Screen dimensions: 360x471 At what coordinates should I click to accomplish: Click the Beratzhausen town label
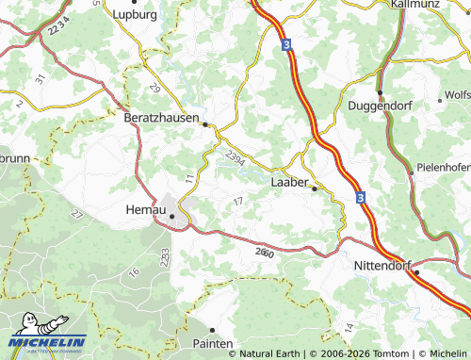pyautogui.click(x=162, y=119)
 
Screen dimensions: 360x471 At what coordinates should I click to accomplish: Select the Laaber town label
pyautogui.click(x=290, y=182)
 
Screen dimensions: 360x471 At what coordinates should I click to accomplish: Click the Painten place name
pyautogui.click(x=212, y=344)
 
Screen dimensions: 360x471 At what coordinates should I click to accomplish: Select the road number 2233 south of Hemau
pyautogui.click(x=165, y=255)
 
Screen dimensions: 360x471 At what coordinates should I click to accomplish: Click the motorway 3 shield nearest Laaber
pyautogui.click(x=360, y=197)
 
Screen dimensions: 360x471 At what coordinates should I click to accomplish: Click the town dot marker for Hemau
pyautogui.click(x=171, y=217)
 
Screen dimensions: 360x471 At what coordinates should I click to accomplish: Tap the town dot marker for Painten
pyautogui.click(x=212, y=330)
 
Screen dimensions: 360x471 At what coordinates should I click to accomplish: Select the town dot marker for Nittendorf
pyautogui.click(x=415, y=273)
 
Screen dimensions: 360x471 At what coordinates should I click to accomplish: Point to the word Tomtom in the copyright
pyautogui.click(x=389, y=353)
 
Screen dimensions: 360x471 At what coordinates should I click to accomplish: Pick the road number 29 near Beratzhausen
pyautogui.click(x=155, y=88)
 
